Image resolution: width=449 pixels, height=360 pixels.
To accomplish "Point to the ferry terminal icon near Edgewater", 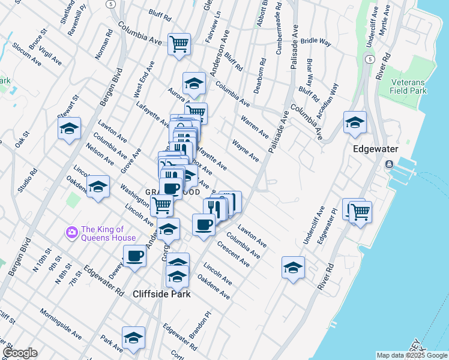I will (x=391, y=164).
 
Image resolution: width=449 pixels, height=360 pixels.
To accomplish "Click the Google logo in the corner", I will (x=20, y=353).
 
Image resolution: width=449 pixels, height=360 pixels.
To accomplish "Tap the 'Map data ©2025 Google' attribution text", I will (x=411, y=355).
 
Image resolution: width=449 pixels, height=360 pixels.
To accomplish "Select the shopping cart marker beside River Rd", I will (x=360, y=211).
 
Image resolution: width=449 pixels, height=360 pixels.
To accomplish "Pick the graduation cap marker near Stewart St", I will (x=69, y=128).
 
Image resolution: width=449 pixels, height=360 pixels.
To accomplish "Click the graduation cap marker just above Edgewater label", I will (x=355, y=122).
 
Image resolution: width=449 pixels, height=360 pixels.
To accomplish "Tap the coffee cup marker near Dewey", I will (x=134, y=256).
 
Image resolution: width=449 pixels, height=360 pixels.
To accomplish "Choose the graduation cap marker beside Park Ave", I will (x=133, y=337).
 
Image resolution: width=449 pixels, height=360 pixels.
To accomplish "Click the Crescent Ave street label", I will (x=233, y=254).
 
